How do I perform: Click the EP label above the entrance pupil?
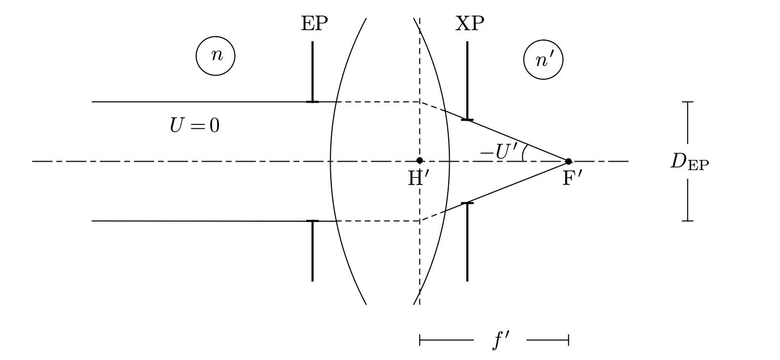tap(314, 24)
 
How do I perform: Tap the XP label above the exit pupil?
tap(469, 24)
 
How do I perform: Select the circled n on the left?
tap(215, 56)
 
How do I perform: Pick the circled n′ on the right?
tap(543, 60)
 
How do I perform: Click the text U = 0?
tap(195, 125)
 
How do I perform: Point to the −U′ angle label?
tap(499, 152)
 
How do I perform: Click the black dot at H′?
tap(420, 161)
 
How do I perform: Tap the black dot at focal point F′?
tap(568, 161)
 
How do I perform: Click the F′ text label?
tap(572, 179)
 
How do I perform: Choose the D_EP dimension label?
tap(690, 162)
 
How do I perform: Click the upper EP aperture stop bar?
tap(312, 72)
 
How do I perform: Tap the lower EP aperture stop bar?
tap(312, 250)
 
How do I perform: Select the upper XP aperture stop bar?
tap(467, 81)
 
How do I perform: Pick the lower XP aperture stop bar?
tap(467, 241)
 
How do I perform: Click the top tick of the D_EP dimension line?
tap(687, 102)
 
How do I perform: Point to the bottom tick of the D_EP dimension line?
tap(687, 221)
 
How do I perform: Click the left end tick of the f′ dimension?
tap(420, 340)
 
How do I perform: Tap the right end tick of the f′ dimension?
tap(568, 340)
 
